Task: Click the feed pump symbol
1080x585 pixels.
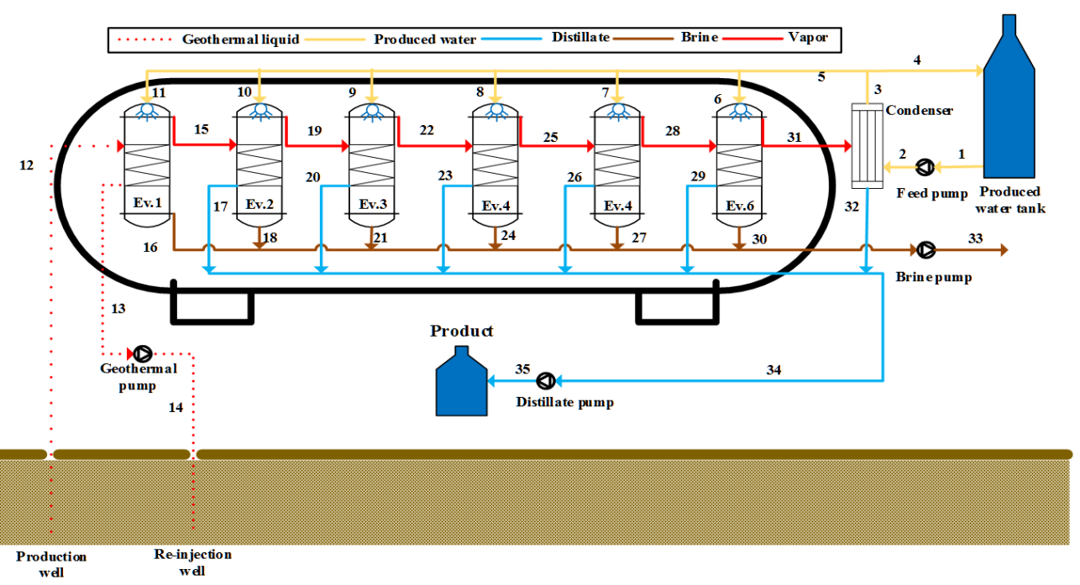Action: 925,167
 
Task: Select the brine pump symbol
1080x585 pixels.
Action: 926,249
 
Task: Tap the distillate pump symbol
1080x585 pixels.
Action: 546,381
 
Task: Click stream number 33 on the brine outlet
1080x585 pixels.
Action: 975,239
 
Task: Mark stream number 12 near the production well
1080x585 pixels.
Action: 26,165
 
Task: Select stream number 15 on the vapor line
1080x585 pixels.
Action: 201,130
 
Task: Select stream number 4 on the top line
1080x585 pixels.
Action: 917,60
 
